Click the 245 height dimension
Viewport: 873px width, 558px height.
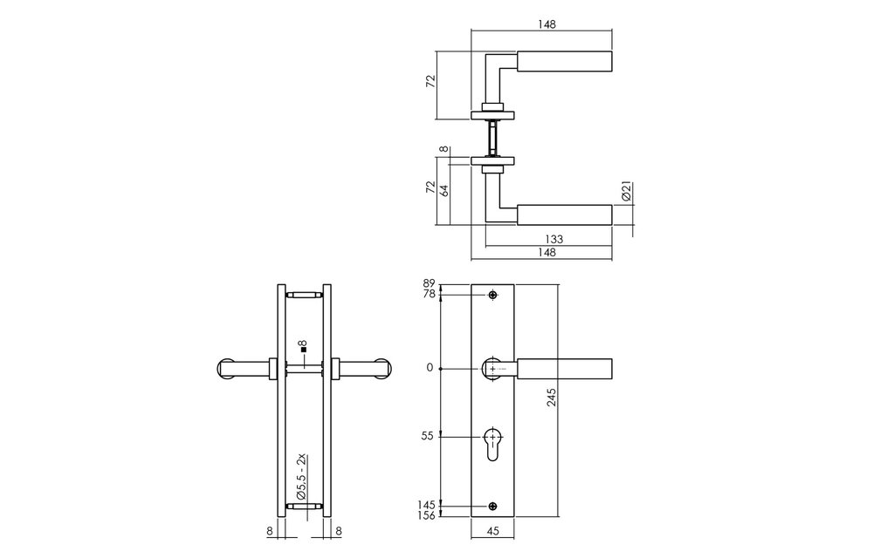point(551,398)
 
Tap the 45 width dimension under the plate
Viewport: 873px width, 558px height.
point(492,531)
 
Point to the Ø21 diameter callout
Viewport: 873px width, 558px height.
point(625,191)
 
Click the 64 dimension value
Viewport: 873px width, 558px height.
point(443,190)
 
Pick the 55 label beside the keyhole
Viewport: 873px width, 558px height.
point(427,436)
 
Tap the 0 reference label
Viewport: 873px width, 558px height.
point(430,368)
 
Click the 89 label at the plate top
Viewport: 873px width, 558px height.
point(430,282)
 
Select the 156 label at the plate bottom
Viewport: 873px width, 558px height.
point(427,515)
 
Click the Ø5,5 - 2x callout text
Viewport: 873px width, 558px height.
point(301,476)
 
